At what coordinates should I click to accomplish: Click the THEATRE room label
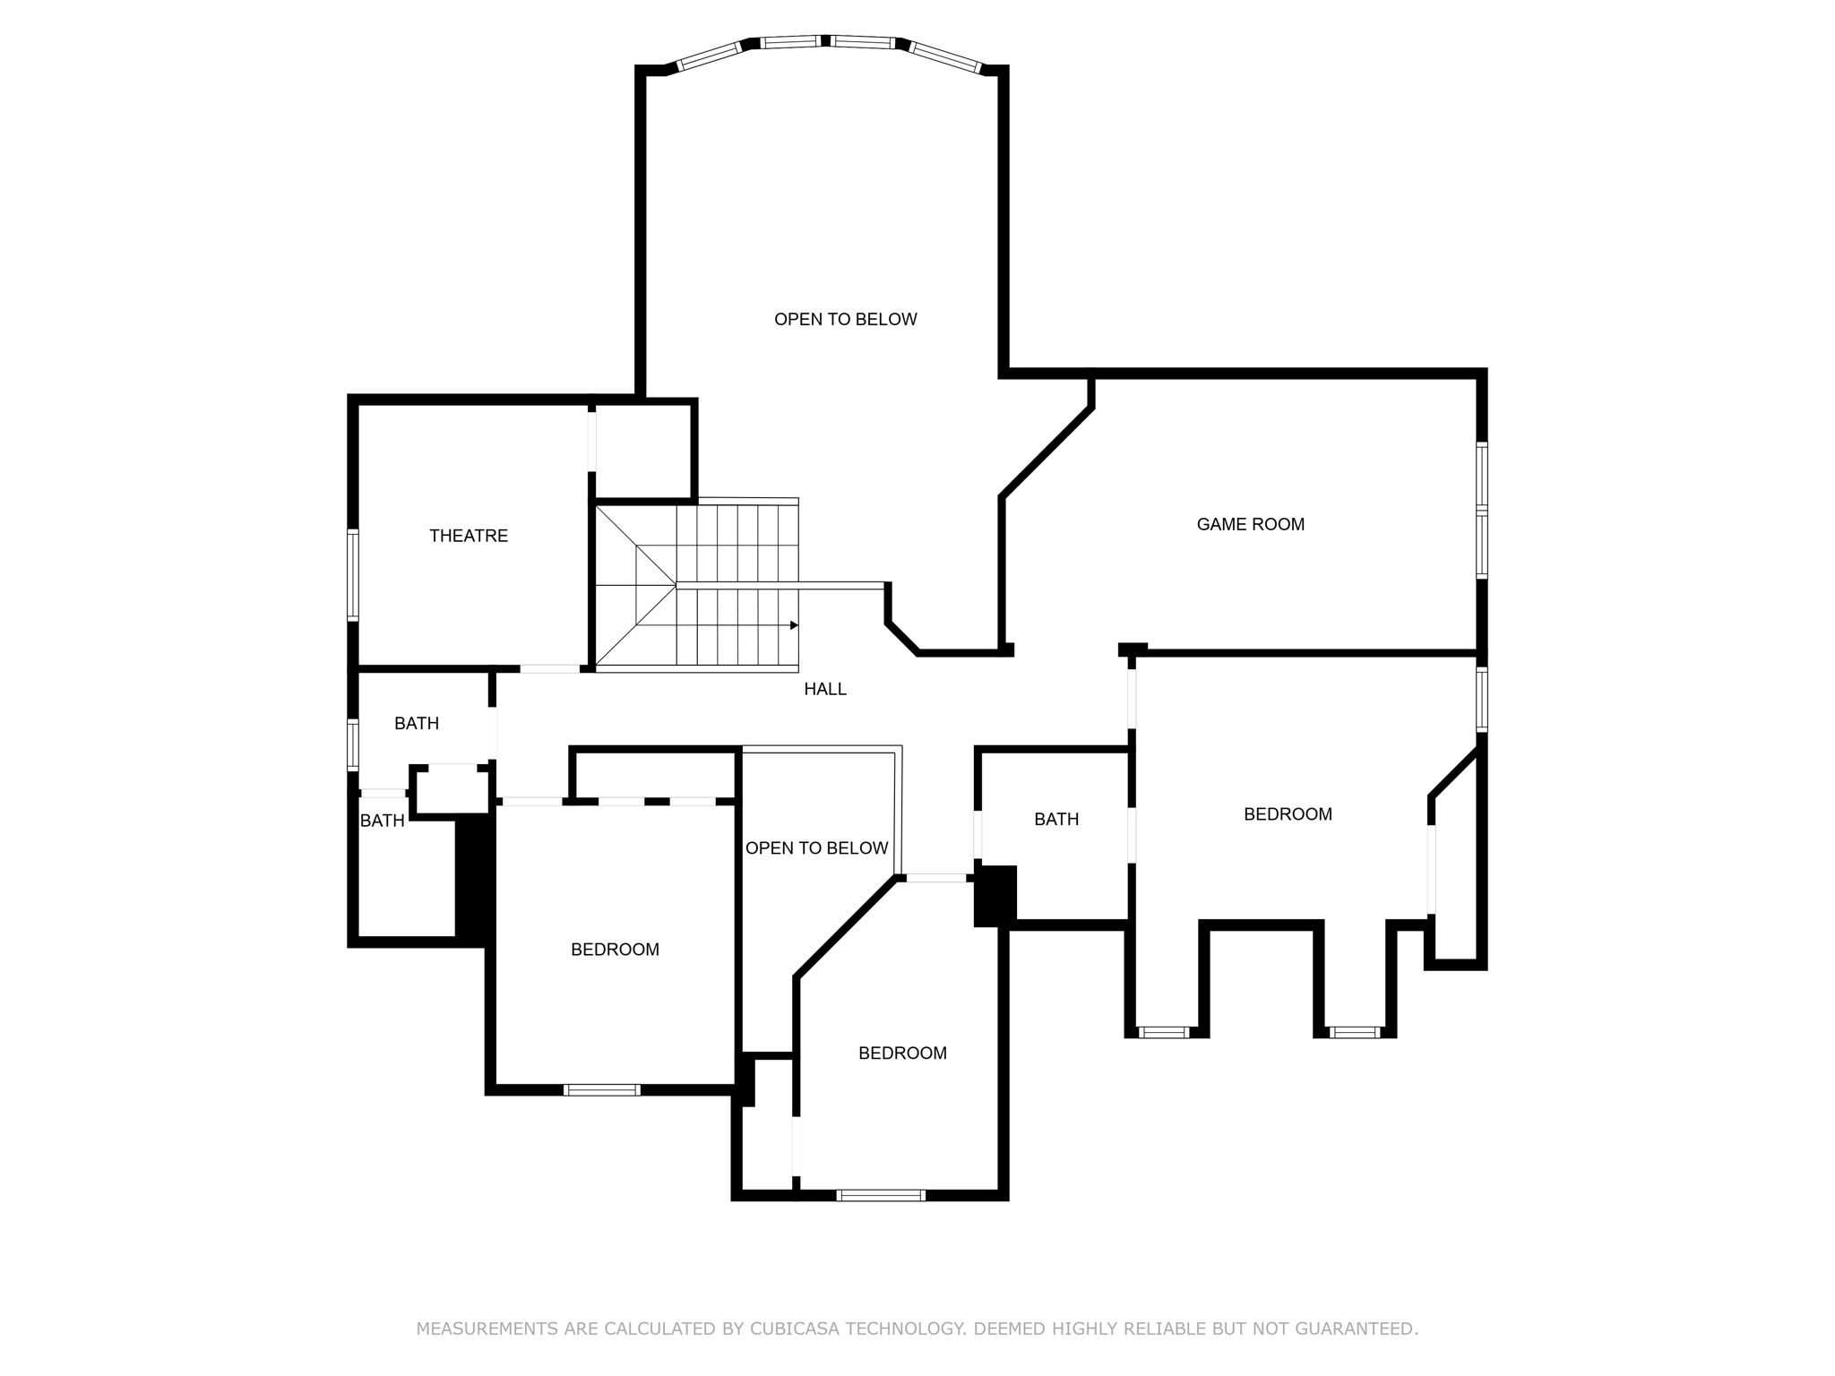[468, 536]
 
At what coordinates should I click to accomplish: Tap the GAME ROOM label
[1250, 524]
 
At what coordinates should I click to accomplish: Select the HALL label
[824, 689]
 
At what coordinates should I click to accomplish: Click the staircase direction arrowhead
[794, 625]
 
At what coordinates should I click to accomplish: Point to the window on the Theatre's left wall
[353, 574]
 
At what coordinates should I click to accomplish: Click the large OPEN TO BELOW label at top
[845, 319]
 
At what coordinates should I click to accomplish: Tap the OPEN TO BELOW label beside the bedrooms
[816, 847]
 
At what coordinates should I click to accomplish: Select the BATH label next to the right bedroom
[1055, 819]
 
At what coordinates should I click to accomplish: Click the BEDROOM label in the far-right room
[1288, 813]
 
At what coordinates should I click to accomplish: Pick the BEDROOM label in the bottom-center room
[902, 1053]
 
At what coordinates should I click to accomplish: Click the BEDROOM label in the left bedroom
[615, 949]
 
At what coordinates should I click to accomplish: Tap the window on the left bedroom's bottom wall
[601, 1089]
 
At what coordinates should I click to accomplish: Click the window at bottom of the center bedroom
[880, 1194]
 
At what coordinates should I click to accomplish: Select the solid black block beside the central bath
[995, 895]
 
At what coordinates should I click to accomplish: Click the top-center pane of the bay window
[792, 41]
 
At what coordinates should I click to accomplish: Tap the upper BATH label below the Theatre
[417, 723]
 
